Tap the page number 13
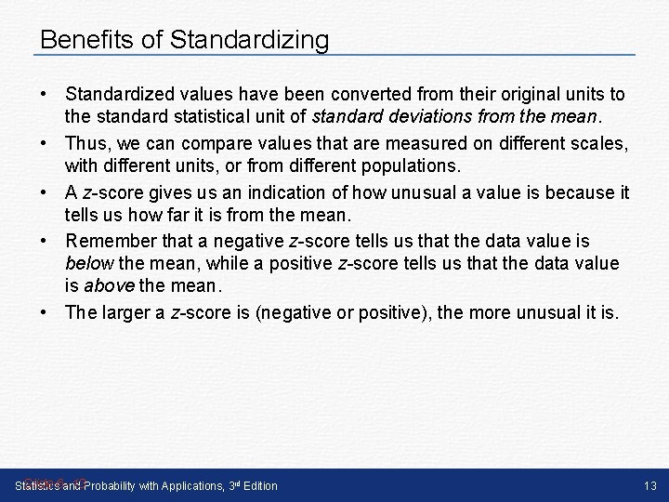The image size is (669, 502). pos(649,485)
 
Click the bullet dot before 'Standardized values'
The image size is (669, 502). pos(46,95)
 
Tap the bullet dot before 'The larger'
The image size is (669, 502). pos(46,312)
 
